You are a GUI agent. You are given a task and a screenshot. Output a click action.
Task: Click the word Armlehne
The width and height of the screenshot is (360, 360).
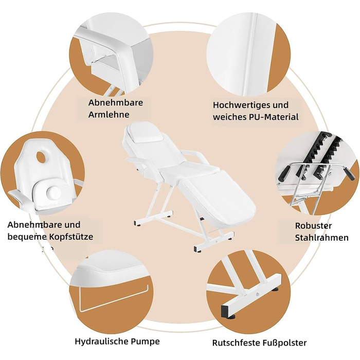(109, 114)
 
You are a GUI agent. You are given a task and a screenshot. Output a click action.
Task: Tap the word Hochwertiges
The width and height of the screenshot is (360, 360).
(240, 105)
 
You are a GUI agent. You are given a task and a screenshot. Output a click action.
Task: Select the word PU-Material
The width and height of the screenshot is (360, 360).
(274, 117)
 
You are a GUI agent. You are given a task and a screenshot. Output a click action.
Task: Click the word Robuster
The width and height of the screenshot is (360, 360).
(313, 225)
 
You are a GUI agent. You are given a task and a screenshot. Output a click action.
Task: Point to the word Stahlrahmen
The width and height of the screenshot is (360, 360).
(321, 238)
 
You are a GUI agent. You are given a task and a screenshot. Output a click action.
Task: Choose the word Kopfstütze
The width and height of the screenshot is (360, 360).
(71, 237)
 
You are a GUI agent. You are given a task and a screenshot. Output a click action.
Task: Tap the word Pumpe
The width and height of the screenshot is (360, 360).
(146, 341)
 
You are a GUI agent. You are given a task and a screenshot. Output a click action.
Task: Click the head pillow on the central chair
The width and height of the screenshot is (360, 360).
(145, 135)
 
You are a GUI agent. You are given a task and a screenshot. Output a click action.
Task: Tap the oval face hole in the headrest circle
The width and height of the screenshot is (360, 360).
(41, 157)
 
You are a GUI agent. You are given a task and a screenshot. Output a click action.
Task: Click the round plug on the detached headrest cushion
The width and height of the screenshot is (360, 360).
(53, 192)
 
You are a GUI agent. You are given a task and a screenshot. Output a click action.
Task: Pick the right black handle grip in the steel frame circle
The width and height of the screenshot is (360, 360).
(350, 174)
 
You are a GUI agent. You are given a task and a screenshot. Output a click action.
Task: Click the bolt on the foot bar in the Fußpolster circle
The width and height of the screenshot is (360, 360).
(258, 294)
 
